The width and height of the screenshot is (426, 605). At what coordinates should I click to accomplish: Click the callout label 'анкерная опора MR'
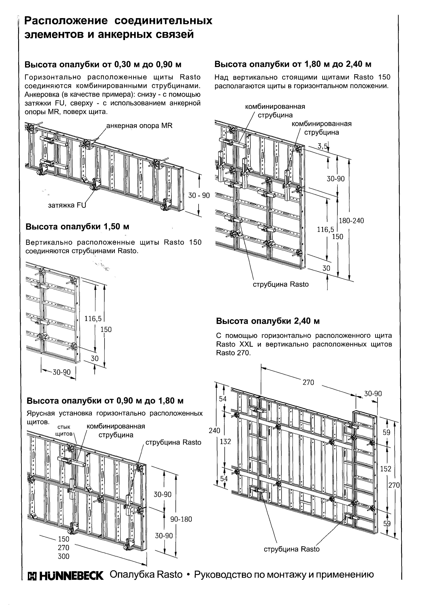tap(139, 126)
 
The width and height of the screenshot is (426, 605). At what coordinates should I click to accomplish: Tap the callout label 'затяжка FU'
tap(67, 205)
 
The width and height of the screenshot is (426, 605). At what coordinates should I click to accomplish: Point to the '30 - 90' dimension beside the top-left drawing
tap(199, 195)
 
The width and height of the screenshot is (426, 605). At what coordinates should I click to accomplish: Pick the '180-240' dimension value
tap(351, 220)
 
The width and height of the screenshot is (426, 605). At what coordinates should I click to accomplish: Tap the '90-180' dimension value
tap(181, 525)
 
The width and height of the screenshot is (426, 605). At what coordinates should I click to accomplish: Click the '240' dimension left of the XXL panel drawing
tap(214, 431)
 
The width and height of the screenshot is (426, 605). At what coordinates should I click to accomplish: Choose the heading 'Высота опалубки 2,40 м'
tap(268, 321)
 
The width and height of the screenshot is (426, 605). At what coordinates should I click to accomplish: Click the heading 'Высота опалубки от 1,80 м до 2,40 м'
tap(293, 64)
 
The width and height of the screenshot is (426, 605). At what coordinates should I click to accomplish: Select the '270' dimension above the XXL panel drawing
tap(308, 382)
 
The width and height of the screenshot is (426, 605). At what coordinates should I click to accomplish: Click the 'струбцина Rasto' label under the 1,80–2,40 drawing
tap(281, 284)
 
